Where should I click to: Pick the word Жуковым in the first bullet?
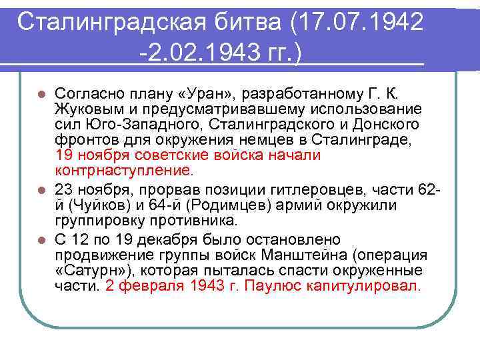83,109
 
